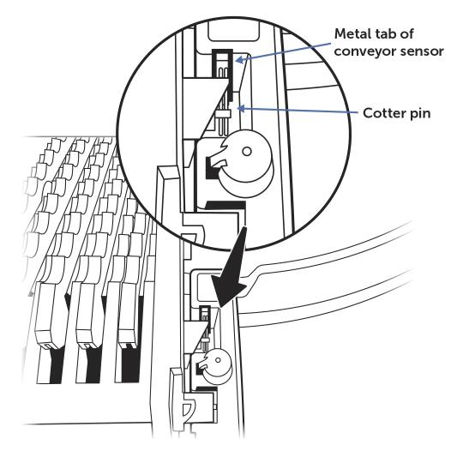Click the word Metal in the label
point(352,34)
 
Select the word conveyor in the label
point(365,51)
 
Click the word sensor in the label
point(422,51)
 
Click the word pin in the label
point(419,114)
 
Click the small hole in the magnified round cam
point(247,152)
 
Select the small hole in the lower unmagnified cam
point(218,360)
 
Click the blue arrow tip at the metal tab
point(238,61)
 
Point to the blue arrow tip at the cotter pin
point(238,109)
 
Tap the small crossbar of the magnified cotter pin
point(223,113)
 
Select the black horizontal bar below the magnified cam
point(225,206)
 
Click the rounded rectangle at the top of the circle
point(234,33)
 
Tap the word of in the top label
point(407,34)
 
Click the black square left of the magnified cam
point(212,168)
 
